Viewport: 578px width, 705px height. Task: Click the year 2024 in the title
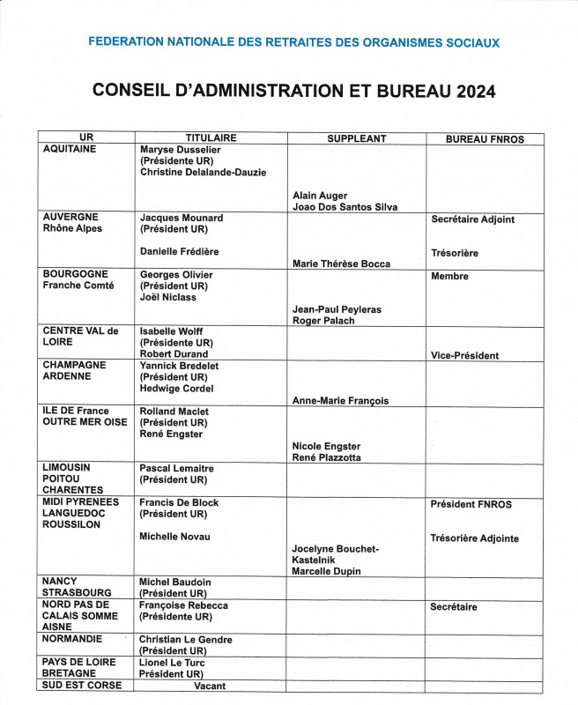pyautogui.click(x=477, y=91)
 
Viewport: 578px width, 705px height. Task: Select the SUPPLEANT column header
pyautogui.click(x=357, y=139)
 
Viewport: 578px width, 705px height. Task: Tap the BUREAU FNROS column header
pyautogui.click(x=485, y=139)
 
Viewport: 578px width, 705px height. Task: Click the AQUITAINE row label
pyautogui.click(x=70, y=150)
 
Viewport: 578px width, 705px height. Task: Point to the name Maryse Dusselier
pyautogui.click(x=181, y=150)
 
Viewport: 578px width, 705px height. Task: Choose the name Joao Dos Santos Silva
pyautogui.click(x=345, y=207)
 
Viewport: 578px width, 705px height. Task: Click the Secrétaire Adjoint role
pyautogui.click(x=472, y=219)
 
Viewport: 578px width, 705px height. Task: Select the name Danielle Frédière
pyautogui.click(x=180, y=252)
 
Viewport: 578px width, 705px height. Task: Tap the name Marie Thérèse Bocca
pyautogui.click(x=341, y=263)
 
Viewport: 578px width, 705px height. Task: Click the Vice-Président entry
pyautogui.click(x=464, y=356)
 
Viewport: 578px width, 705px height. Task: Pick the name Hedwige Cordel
pyautogui.click(x=177, y=389)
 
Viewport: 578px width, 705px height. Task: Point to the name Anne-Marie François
pyautogui.click(x=340, y=401)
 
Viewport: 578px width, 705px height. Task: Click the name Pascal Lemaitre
pyautogui.click(x=177, y=469)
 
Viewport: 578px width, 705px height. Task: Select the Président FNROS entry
pyautogui.click(x=471, y=505)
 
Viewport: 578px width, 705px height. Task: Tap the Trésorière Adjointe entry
pyautogui.click(x=474, y=538)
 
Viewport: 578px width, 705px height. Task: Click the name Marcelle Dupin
pyautogui.click(x=326, y=572)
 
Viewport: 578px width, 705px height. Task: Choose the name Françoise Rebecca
pyautogui.click(x=184, y=606)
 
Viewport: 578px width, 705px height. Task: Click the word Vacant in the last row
pyautogui.click(x=210, y=686)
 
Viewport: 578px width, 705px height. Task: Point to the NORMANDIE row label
pyautogui.click(x=73, y=639)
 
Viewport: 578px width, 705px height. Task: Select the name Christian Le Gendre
pyautogui.click(x=186, y=640)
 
